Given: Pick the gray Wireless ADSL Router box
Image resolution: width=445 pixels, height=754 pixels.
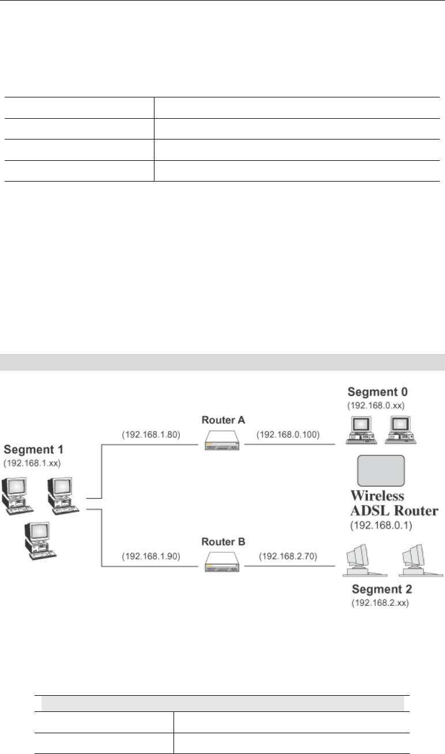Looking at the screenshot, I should (x=380, y=470).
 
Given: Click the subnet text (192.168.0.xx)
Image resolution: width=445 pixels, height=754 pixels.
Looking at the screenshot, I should (x=377, y=405).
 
